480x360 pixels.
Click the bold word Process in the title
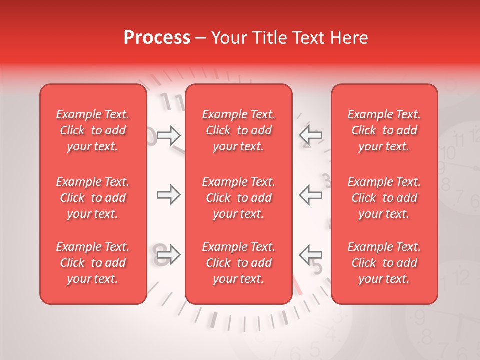157,38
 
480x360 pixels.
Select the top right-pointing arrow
168,135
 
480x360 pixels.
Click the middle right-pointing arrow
168,195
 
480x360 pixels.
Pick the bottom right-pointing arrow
168,255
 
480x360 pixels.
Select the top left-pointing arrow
310,135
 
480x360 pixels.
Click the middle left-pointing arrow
310,195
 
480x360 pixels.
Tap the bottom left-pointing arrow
310,255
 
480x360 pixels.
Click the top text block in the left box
93,130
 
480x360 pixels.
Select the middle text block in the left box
93,198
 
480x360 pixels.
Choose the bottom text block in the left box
93,263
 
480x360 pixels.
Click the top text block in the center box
238,130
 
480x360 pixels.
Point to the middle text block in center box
238,198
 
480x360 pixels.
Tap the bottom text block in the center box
238,263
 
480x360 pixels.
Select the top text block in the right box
384,130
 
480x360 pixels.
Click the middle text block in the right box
384,198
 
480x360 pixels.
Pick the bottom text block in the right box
384,263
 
